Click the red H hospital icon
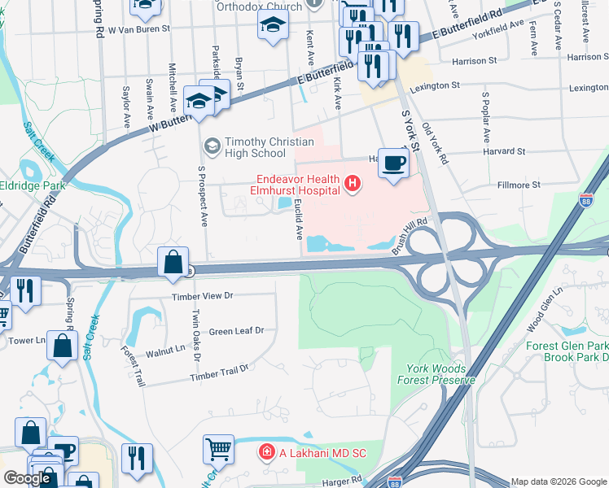pyautogui.click(x=353, y=185)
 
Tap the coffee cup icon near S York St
pyautogui.click(x=394, y=163)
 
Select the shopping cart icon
pyautogui.click(x=218, y=448)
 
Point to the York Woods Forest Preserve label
pyautogui.click(x=436, y=373)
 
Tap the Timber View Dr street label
pyautogui.click(x=202, y=297)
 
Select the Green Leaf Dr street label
pyautogui.click(x=237, y=331)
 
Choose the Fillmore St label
pyautogui.click(x=519, y=185)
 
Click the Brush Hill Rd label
pyautogui.click(x=409, y=241)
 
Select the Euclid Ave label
pyautogui.click(x=298, y=218)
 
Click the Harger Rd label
pyautogui.click(x=341, y=481)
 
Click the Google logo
pyautogui.click(x=27, y=479)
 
